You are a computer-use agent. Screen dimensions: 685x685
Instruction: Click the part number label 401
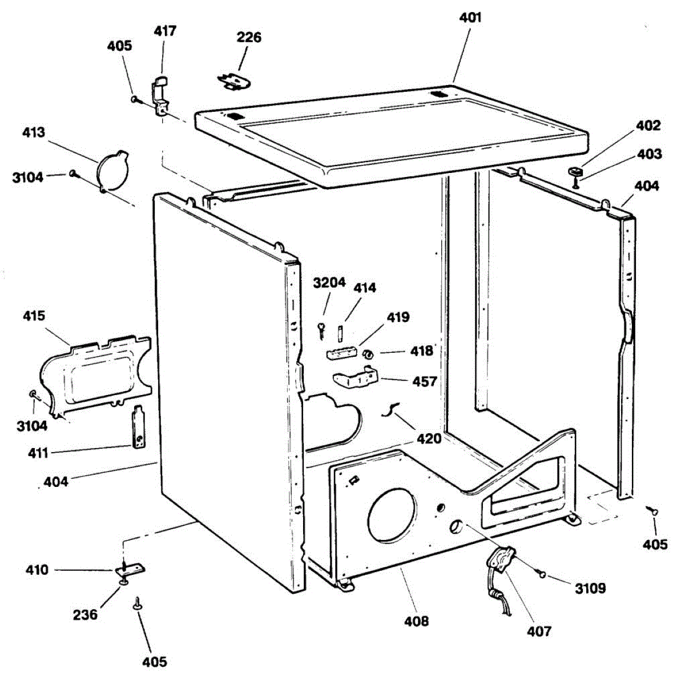[470, 18]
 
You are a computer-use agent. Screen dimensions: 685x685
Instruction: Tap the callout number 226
[249, 38]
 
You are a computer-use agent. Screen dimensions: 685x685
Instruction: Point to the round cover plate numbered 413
[113, 170]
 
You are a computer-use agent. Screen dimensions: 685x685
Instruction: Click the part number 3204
[329, 283]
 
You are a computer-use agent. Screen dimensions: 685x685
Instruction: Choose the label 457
[425, 381]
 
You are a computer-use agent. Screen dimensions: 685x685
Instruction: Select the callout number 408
[416, 621]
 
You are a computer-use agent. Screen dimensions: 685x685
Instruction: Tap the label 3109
[590, 588]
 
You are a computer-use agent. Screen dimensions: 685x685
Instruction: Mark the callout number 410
[37, 570]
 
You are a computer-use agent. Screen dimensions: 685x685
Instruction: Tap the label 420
[429, 438]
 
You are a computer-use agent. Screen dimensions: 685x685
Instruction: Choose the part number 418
[422, 350]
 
